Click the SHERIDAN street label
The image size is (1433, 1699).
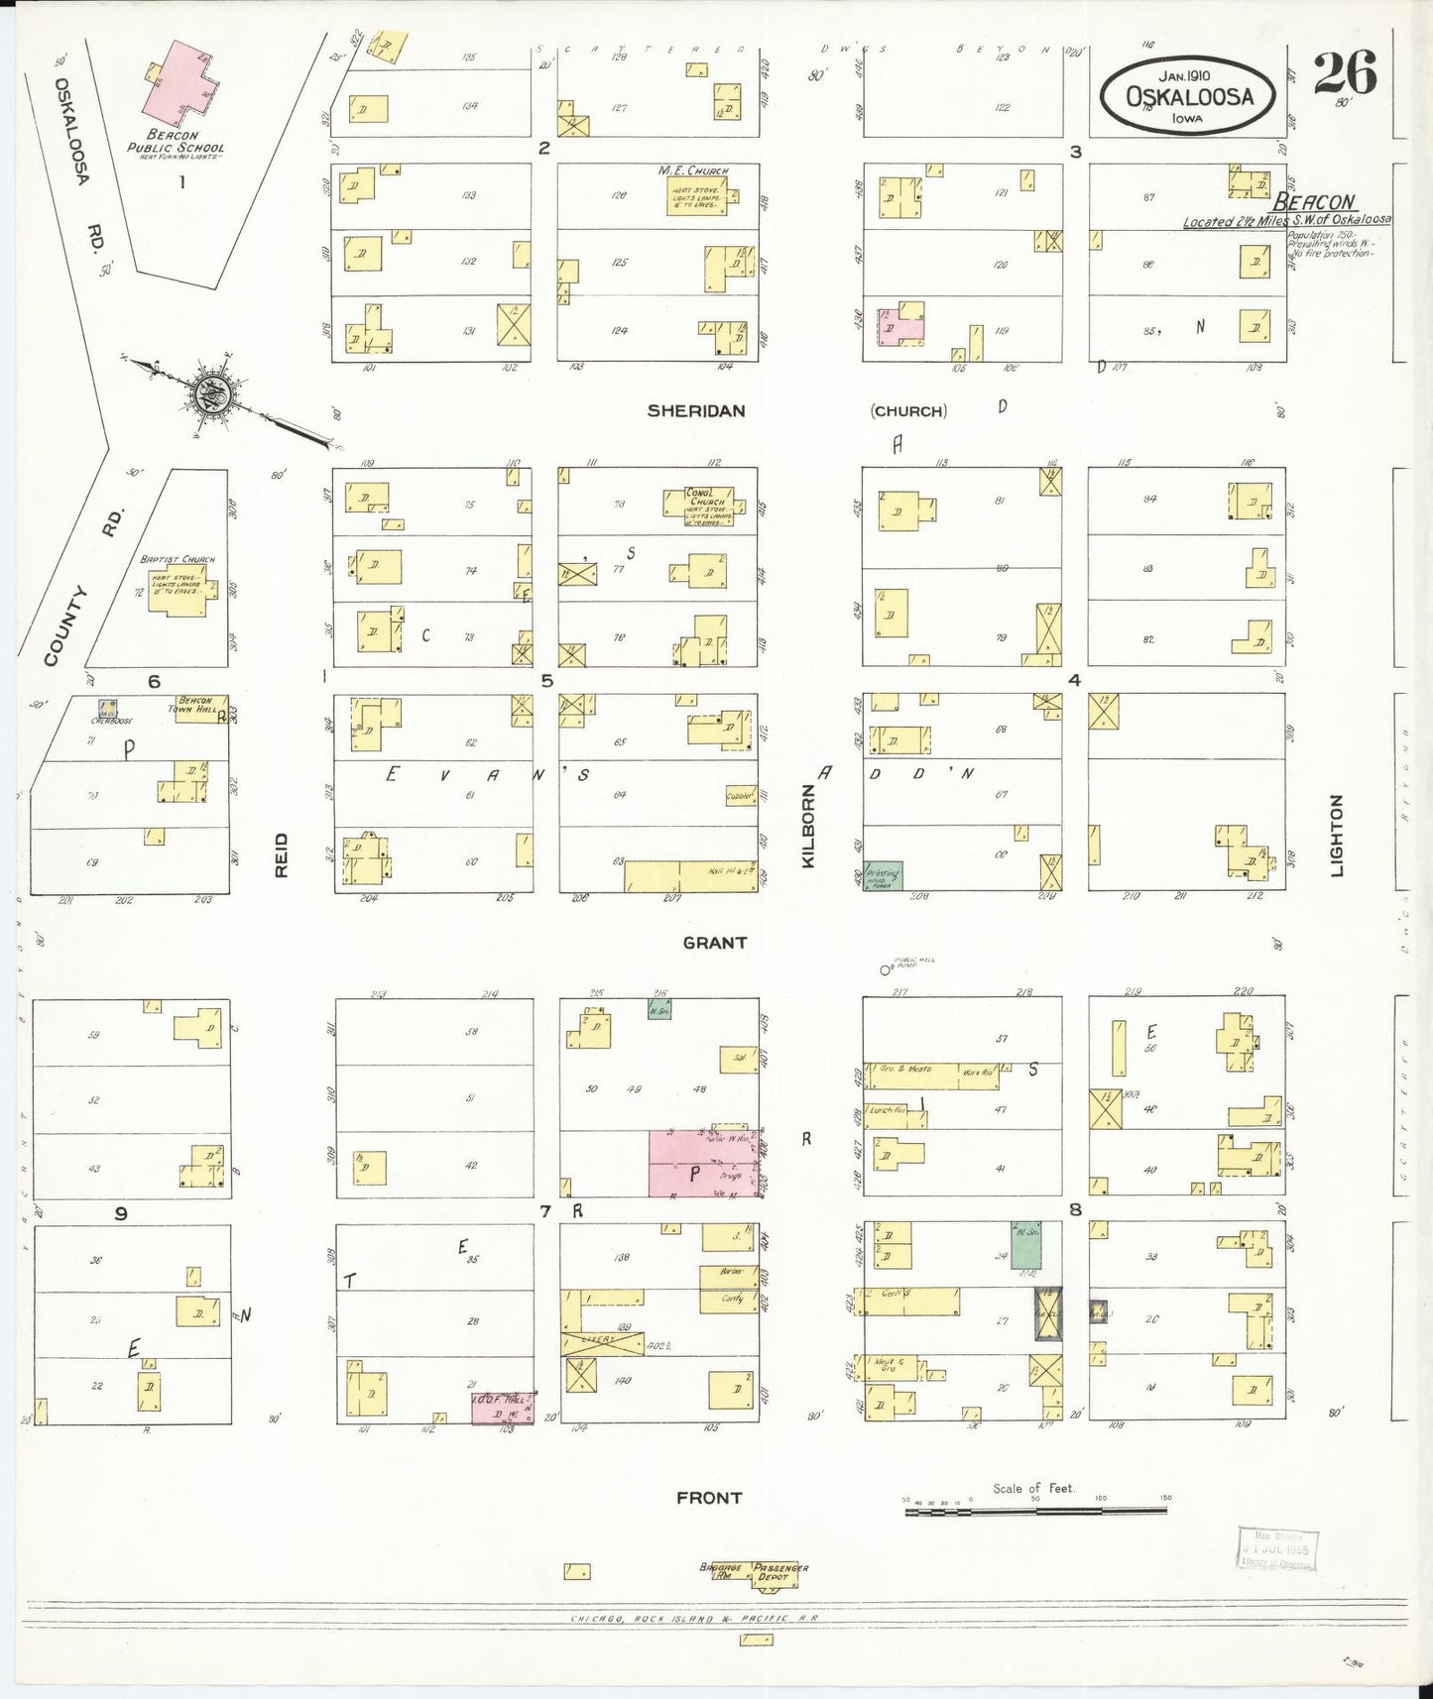[x=695, y=410]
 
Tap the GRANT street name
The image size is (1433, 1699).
[x=714, y=943]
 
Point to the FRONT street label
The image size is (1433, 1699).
[x=709, y=1497]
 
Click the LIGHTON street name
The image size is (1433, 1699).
[x=1336, y=835]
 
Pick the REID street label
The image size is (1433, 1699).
[x=282, y=854]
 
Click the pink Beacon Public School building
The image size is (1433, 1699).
[x=179, y=80]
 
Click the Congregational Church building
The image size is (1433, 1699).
[x=698, y=505]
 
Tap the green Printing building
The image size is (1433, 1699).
[x=883, y=875]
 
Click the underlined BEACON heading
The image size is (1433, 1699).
[x=1323, y=203]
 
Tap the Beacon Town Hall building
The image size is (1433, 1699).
[x=202, y=709]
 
